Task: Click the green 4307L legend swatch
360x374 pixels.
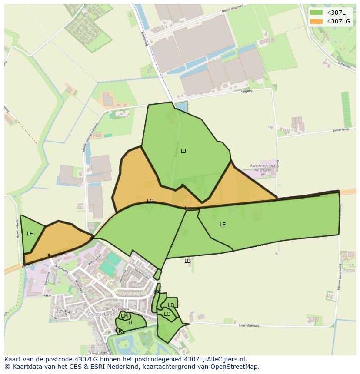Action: (x=316, y=13)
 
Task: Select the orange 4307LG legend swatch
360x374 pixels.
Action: (x=316, y=21)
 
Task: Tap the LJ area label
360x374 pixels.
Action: (x=183, y=151)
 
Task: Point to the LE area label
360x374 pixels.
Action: (x=223, y=225)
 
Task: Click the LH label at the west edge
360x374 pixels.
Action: (x=30, y=234)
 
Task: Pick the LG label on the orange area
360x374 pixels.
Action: (x=150, y=201)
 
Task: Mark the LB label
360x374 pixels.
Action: (x=187, y=261)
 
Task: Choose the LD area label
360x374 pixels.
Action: (x=171, y=305)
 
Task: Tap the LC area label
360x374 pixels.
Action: (x=167, y=314)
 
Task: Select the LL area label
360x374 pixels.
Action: (x=131, y=323)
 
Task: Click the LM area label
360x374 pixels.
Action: (x=124, y=316)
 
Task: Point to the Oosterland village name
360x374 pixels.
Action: (x=100, y=314)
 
